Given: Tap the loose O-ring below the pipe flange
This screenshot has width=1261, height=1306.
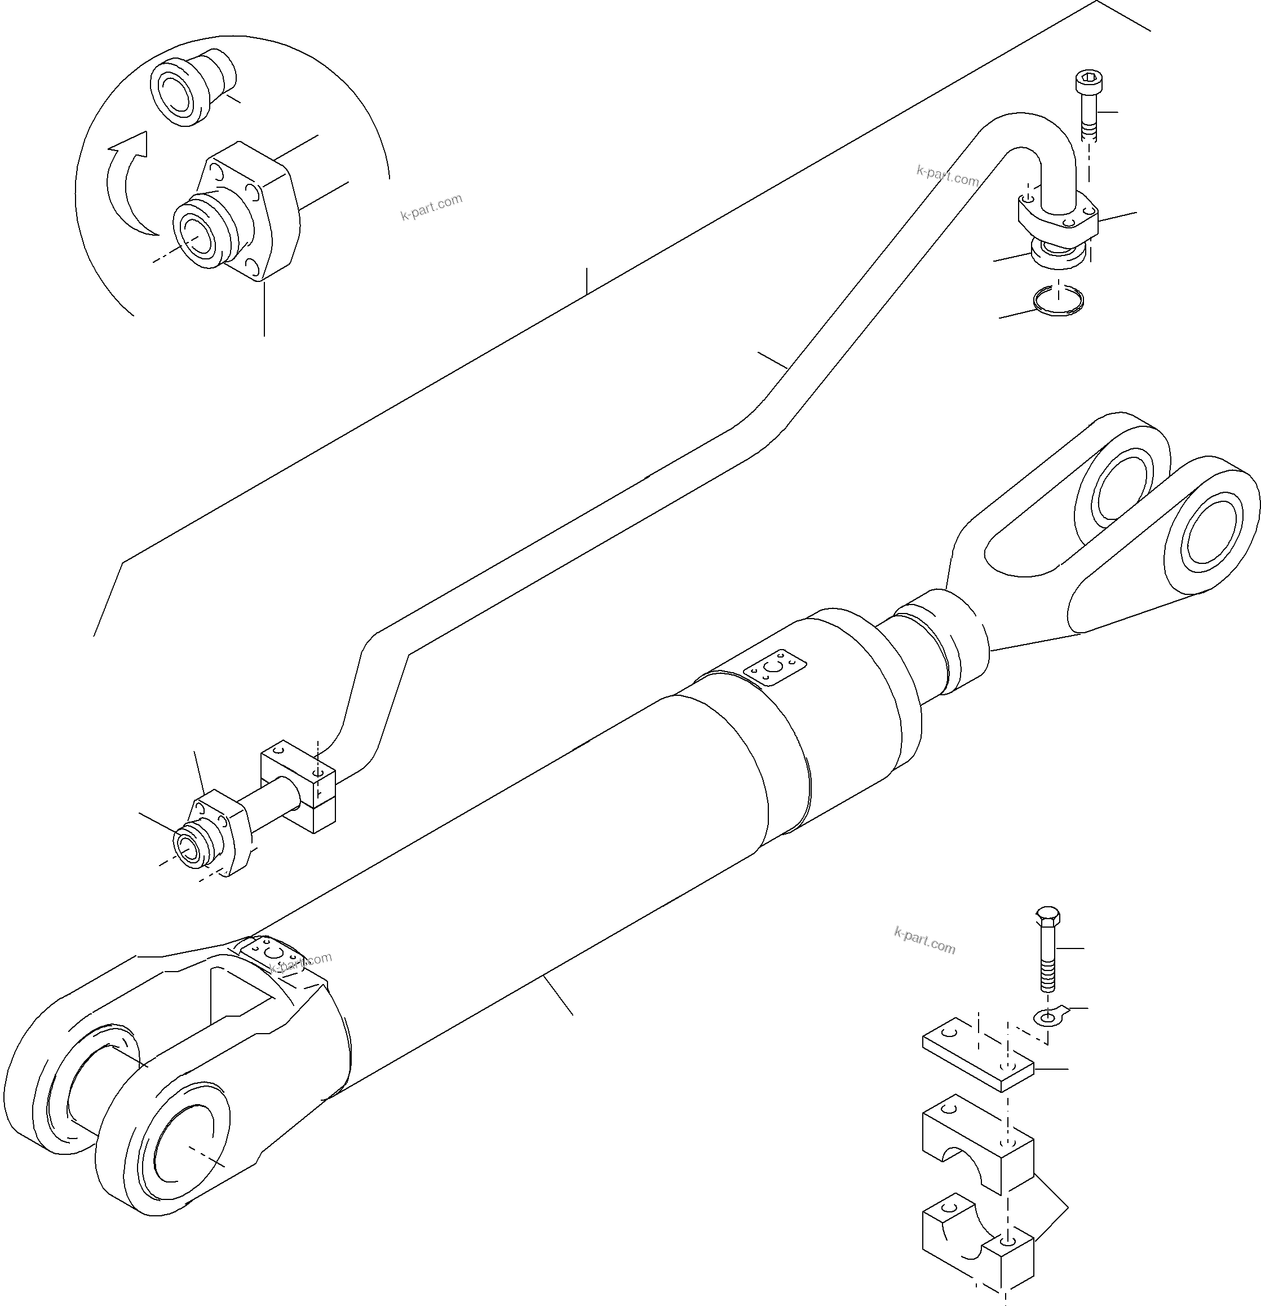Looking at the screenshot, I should pos(1059,301).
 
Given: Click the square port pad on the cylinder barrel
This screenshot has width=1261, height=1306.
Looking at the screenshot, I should pos(775,667).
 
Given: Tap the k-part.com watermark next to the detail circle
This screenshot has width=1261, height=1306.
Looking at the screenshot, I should pos(431,207).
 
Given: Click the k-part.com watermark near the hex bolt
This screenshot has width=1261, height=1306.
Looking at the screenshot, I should pos(924,940).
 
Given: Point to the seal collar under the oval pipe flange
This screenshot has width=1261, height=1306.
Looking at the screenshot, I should pos(1059,254).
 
